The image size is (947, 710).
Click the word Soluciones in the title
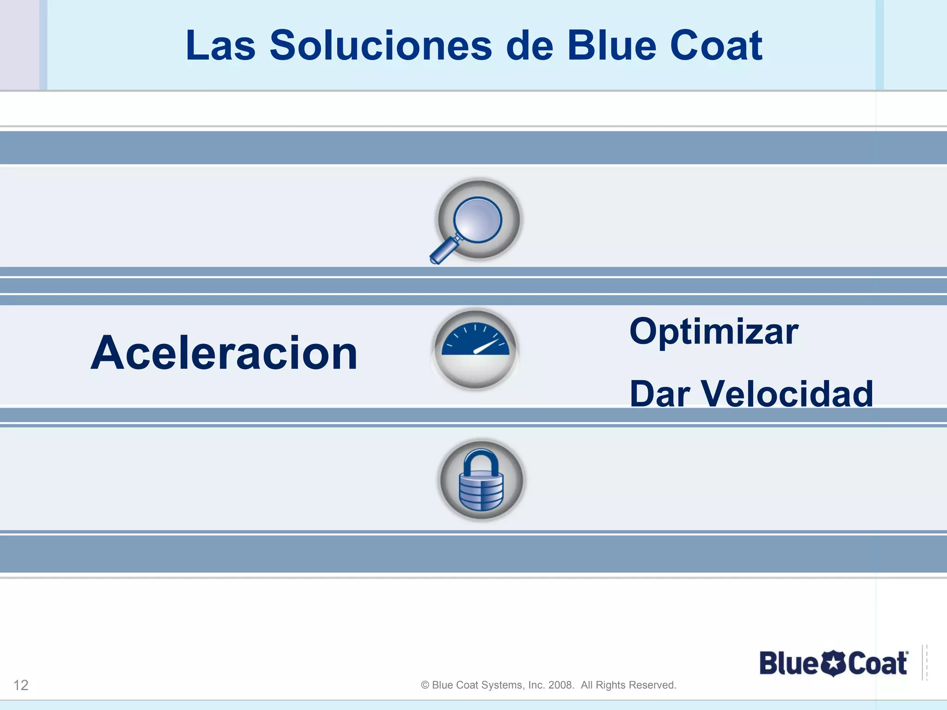point(381,46)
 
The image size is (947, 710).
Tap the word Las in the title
point(220,46)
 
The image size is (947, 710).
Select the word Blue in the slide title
point(611,46)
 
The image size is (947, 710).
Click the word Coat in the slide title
point(716,46)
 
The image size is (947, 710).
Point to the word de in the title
point(529,46)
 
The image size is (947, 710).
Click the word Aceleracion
point(224,353)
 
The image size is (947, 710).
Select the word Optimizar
point(713,332)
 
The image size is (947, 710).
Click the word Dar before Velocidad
point(659,394)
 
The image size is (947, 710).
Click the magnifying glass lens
point(478,219)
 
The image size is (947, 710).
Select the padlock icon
point(481,481)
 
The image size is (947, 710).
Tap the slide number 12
point(21,685)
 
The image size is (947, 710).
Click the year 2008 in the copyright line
point(560,685)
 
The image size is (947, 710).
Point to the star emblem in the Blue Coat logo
point(833,664)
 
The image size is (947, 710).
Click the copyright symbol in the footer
point(425,685)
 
